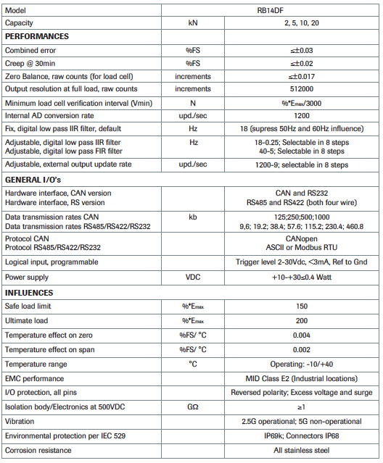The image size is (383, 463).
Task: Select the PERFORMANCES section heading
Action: (38, 36)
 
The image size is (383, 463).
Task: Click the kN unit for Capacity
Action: (193, 22)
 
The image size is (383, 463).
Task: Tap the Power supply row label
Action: (28, 278)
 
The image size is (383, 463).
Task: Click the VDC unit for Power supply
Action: (193, 278)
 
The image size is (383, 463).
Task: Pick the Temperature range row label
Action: (36, 363)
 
